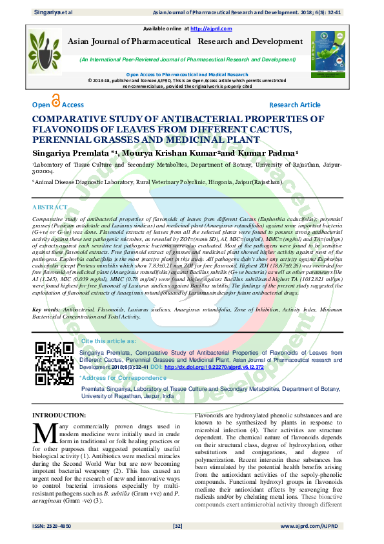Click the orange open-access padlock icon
click(56, 101)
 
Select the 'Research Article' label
click(294, 105)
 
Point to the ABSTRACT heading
click(50, 207)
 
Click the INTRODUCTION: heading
click(59, 414)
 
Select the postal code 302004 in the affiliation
click(45, 173)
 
